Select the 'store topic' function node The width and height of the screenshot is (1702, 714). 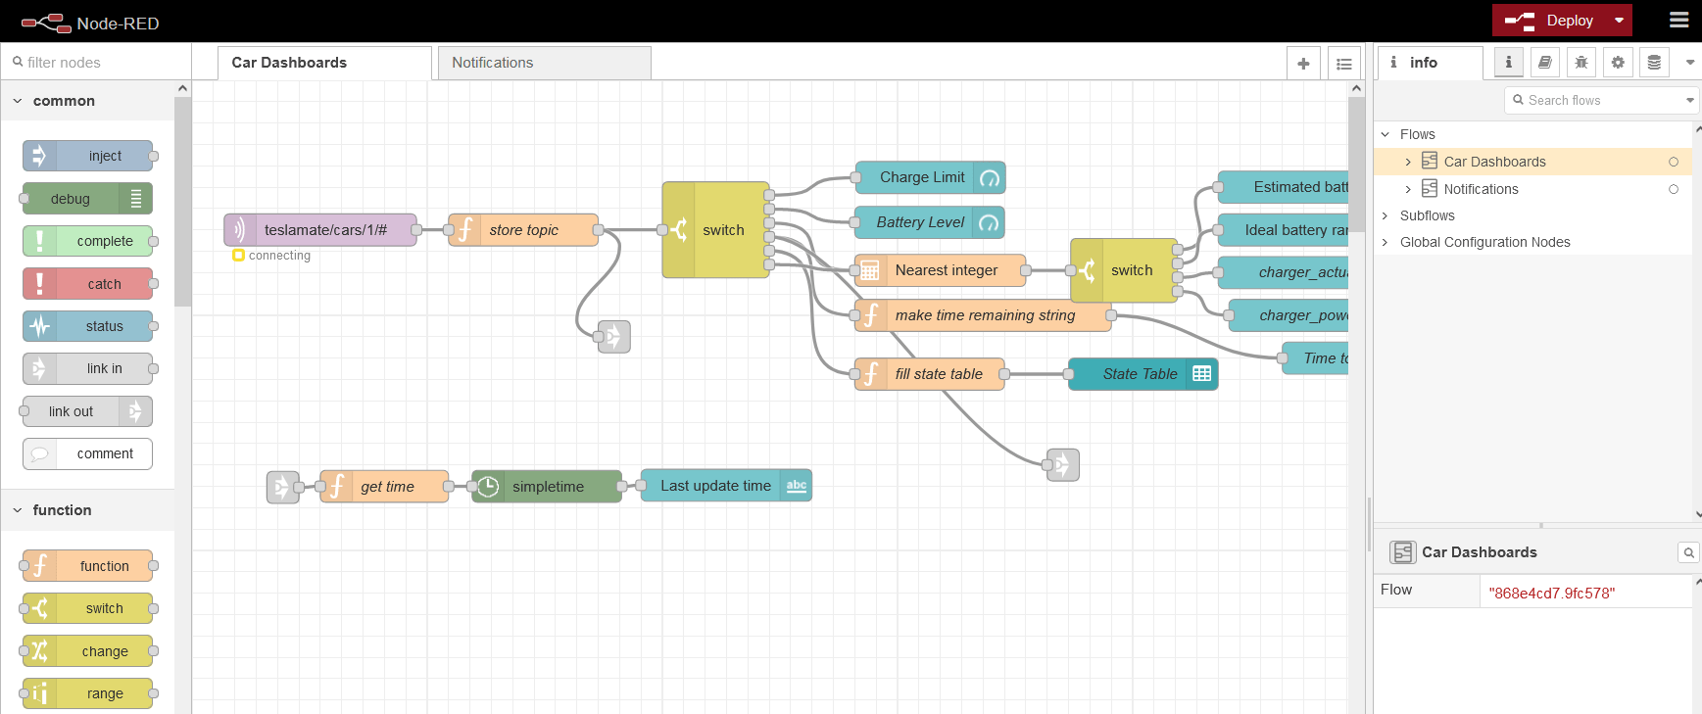(523, 230)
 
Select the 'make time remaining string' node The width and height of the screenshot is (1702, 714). (984, 315)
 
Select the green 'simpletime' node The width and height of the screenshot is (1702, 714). (547, 487)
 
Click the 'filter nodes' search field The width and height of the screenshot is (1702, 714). (98, 63)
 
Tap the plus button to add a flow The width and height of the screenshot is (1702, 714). (1303, 64)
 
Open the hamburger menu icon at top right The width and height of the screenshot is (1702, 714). (1678, 21)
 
